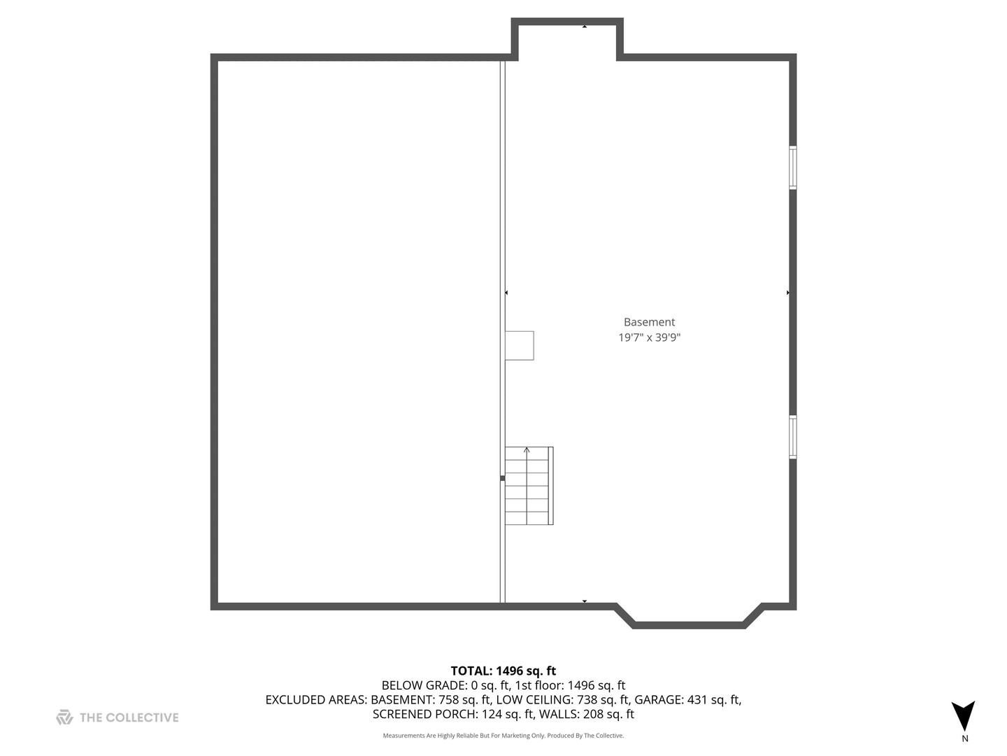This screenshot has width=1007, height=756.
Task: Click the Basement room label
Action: (649, 322)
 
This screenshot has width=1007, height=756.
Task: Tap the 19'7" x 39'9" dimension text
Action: (649, 337)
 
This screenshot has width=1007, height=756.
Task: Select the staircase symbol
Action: (529, 485)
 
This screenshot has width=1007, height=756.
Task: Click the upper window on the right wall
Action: (792, 167)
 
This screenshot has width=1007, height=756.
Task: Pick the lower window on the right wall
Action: (792, 437)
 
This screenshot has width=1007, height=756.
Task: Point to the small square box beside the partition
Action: (520, 345)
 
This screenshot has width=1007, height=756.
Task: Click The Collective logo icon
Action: (65, 717)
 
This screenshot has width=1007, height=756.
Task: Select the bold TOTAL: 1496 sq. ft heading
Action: (503, 671)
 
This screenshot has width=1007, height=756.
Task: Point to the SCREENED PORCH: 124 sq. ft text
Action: (453, 714)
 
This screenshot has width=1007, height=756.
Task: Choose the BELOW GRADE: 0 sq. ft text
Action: (445, 685)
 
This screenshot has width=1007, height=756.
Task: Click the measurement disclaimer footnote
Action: (503, 735)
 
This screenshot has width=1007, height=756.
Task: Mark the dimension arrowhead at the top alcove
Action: (585, 27)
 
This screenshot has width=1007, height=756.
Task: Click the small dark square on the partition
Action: (502, 478)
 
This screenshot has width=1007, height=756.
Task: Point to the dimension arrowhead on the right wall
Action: (787, 293)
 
